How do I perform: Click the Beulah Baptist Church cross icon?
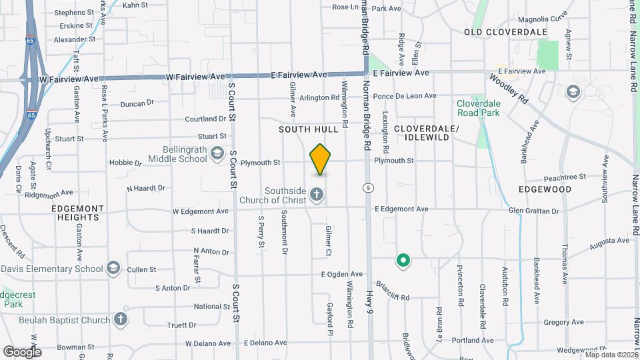[121, 319]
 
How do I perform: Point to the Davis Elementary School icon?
[113, 269]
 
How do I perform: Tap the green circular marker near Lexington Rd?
[403, 261]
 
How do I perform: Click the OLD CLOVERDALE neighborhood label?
[505, 32]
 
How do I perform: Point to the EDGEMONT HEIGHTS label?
[78, 213]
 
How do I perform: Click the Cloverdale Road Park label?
[487, 109]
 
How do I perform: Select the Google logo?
[21, 351]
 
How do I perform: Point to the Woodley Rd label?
[509, 87]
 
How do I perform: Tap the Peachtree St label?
[564, 177]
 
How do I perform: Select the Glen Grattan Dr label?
[533, 211]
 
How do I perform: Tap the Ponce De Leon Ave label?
[405, 96]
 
